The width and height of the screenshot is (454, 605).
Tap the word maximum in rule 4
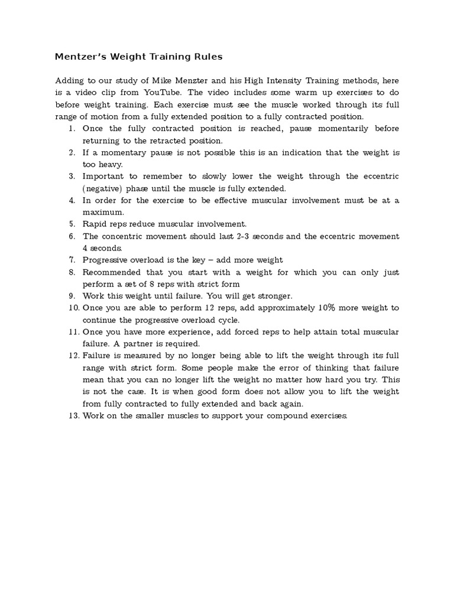point(103,212)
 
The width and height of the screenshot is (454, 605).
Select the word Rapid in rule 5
point(95,224)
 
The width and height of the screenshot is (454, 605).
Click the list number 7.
point(72,260)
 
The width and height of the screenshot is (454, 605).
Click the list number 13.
point(73,416)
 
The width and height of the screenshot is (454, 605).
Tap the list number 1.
point(72,128)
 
